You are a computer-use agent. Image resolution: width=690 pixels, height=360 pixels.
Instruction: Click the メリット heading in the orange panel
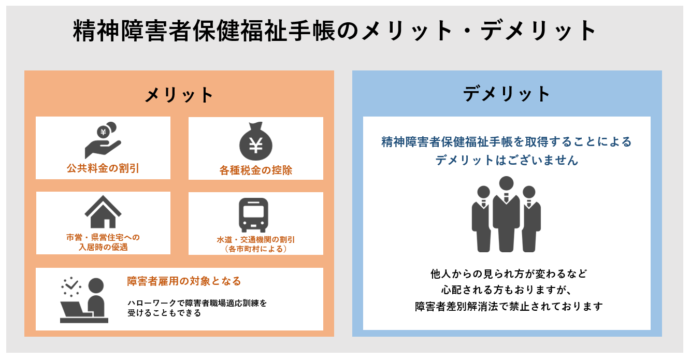179,95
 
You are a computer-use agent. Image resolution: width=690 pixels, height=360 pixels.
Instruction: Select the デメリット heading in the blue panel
507,94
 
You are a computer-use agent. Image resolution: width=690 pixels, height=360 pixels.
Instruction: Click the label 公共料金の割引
103,168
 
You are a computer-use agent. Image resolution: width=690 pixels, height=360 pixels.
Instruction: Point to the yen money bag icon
255,141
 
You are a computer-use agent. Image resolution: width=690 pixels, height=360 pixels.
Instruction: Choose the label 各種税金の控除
255,170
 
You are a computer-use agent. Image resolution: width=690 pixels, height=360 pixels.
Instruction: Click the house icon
103,212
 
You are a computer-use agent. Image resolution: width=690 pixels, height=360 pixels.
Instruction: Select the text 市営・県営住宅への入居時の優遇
103,242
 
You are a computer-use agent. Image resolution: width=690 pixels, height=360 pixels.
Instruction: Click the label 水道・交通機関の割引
255,240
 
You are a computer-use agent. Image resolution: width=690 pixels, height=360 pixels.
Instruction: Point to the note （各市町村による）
255,249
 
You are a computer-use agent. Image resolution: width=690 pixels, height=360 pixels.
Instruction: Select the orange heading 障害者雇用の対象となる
184,281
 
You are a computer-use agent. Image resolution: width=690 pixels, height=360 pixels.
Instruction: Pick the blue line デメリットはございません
506,161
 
